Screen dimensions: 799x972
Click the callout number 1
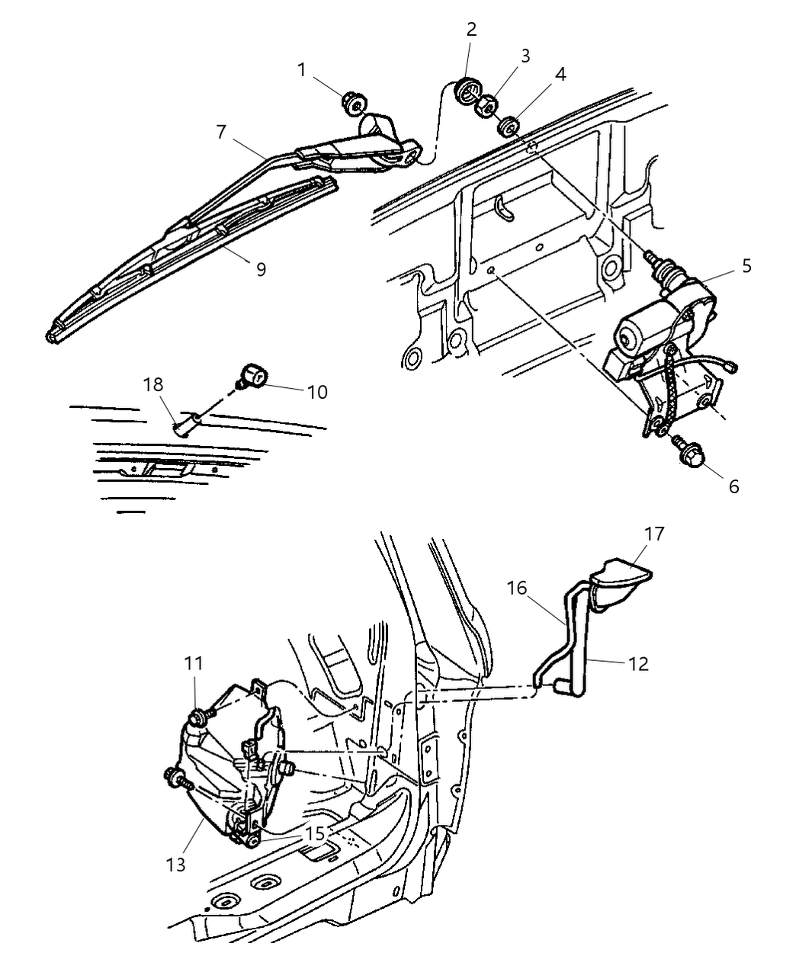click(302, 70)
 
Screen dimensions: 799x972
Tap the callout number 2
click(471, 30)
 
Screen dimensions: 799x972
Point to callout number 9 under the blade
click(261, 269)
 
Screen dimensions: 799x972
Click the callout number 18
click(153, 384)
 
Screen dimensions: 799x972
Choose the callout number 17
click(654, 534)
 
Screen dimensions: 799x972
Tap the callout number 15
click(316, 832)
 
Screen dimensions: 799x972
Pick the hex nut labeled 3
click(487, 107)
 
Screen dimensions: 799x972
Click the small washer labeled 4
click(509, 127)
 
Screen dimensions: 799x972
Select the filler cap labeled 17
click(621, 583)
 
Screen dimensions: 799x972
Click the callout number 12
click(639, 664)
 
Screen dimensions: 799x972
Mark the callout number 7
click(221, 133)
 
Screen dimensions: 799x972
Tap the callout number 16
click(517, 588)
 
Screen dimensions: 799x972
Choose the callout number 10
click(317, 392)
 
